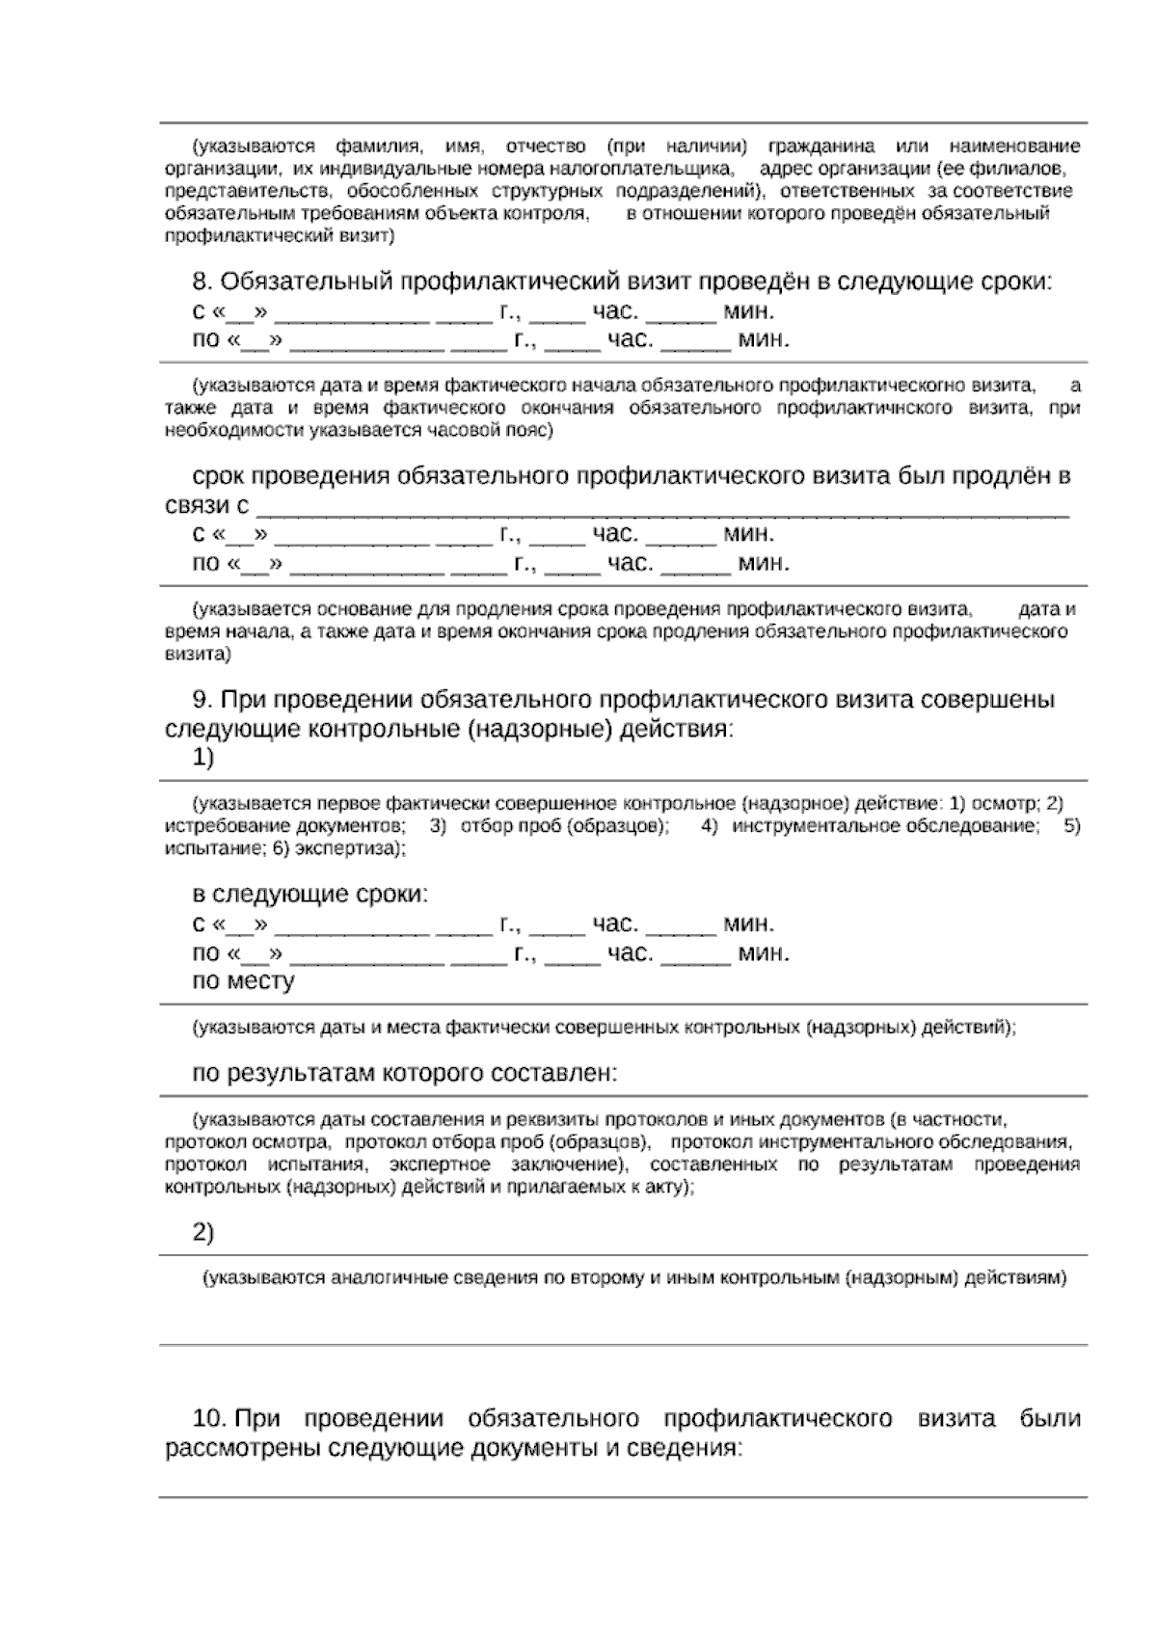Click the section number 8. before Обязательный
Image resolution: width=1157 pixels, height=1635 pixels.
pyautogui.click(x=202, y=282)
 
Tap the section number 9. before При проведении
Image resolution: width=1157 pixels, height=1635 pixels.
pyautogui.click(x=202, y=699)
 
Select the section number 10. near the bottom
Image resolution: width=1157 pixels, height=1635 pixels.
pyautogui.click(x=209, y=1419)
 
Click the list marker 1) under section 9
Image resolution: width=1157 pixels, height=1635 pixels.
pyautogui.click(x=203, y=758)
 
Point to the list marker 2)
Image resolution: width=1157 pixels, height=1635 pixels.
pyautogui.click(x=203, y=1232)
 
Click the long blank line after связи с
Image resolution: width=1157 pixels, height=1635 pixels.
pyautogui.click(x=665, y=508)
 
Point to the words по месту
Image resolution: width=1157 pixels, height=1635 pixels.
pyautogui.click(x=243, y=981)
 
